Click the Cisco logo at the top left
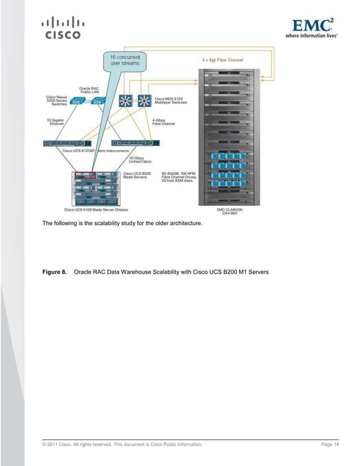[x=62, y=29]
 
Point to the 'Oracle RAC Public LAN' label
[x=89, y=90]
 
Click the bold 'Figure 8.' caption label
[x=55, y=273]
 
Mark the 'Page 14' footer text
[x=330, y=445]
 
